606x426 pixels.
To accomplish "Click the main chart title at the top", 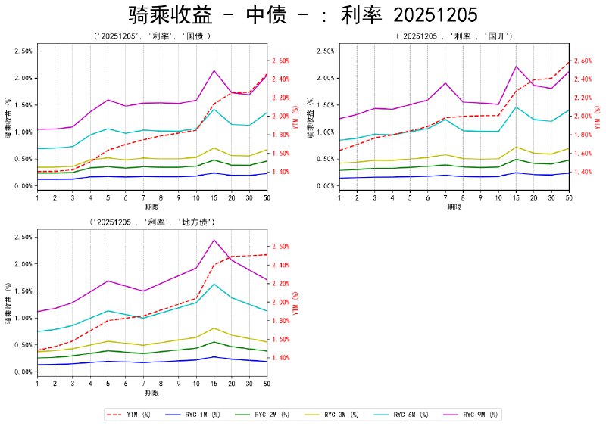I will point(303,16).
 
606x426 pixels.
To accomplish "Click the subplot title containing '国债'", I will point(151,36).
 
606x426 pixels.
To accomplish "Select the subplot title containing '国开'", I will point(454,36).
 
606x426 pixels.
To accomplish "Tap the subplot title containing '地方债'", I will point(151,222).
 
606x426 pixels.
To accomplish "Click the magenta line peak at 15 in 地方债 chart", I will point(214,240).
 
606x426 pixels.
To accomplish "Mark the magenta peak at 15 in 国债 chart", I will point(214,70).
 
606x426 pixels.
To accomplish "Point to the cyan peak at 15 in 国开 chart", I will point(517,107).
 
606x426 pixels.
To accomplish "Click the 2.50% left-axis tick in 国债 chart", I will point(23,51).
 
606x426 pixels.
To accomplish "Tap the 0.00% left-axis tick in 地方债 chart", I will point(23,372).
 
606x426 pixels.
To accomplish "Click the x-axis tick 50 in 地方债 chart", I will point(267,384).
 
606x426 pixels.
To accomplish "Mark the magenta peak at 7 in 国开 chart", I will point(445,83).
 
